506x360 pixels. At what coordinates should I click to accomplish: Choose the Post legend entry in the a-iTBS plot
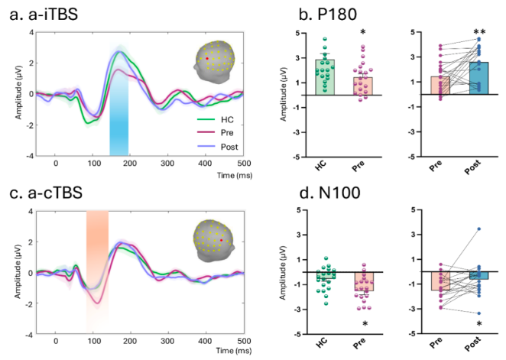point(224,144)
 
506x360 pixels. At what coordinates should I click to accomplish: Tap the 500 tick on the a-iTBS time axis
point(243,164)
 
